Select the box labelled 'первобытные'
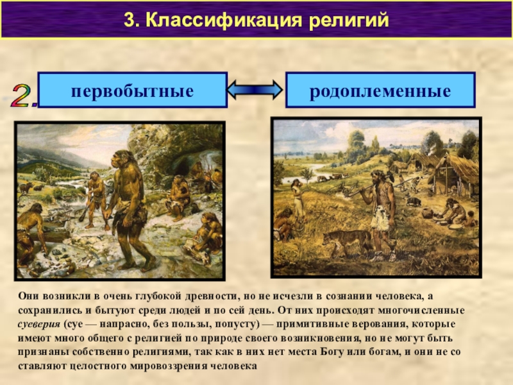click(x=133, y=90)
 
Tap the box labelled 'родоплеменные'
click(x=380, y=90)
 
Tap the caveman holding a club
click(x=94, y=196)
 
